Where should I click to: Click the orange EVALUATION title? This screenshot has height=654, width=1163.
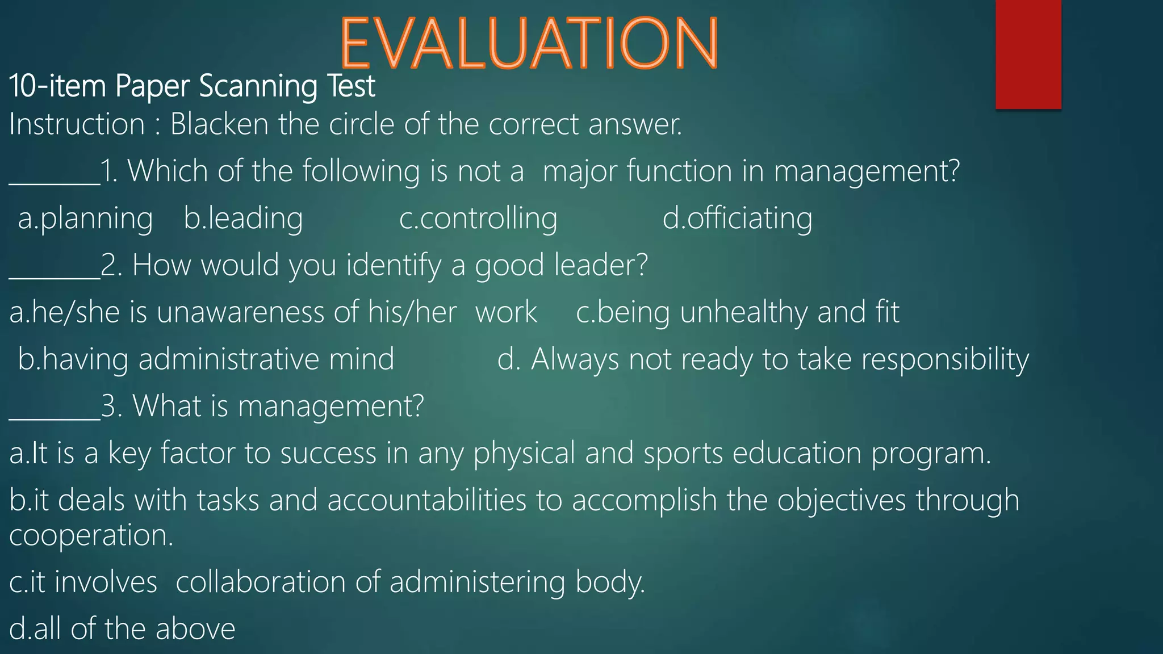click(529, 43)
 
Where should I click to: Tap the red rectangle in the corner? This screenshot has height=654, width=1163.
click(1028, 54)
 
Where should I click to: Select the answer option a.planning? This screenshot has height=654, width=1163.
click(85, 219)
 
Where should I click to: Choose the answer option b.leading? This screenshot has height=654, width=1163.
click(243, 219)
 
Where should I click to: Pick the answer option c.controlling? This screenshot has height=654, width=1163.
click(478, 219)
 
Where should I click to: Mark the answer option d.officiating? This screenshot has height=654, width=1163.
click(737, 219)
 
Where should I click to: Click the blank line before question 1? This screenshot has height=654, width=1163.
click(55, 182)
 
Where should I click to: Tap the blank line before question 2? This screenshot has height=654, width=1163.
click(55, 276)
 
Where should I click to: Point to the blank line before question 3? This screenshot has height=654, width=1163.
click(55, 417)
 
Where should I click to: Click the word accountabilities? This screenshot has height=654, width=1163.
click(426, 500)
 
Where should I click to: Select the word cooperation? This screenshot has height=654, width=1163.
click(91, 535)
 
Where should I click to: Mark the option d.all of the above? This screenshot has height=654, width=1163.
click(122, 629)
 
